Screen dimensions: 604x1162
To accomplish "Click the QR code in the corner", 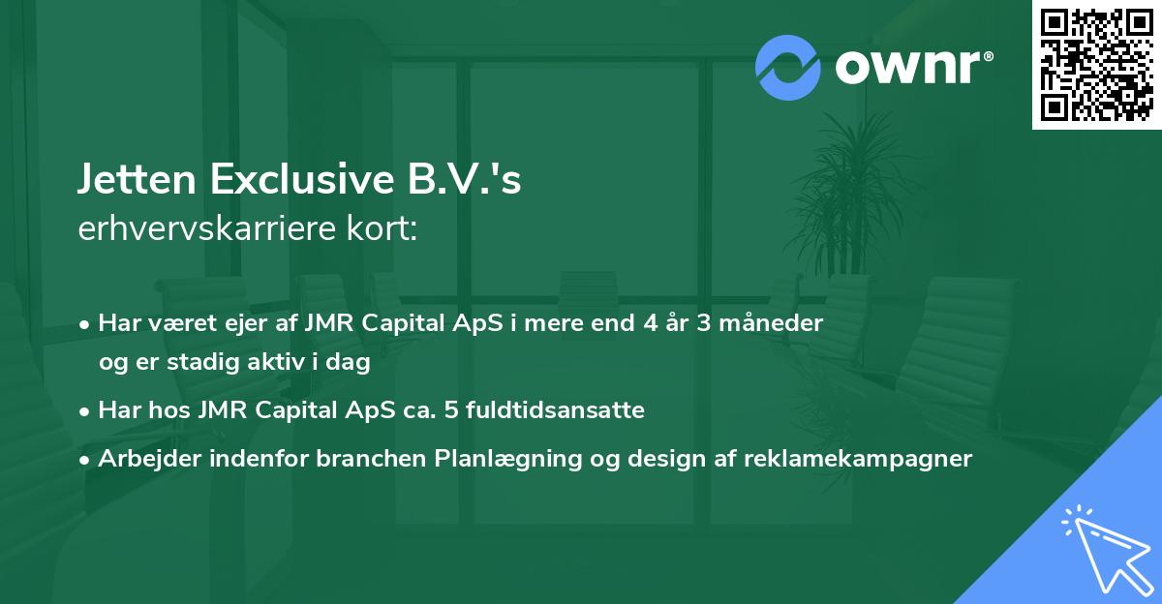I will [x=1094, y=64].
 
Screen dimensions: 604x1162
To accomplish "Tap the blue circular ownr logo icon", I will [x=788, y=68].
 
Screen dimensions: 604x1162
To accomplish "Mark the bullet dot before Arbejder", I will [x=87, y=460].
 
